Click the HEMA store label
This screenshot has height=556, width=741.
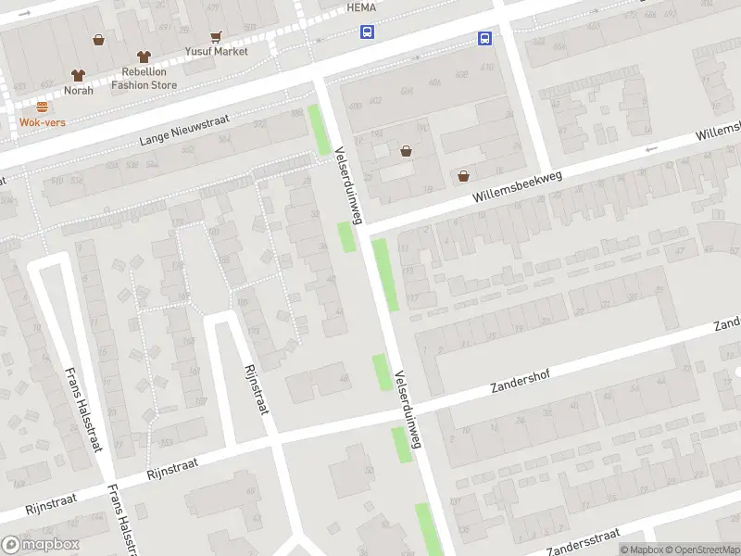(359, 6)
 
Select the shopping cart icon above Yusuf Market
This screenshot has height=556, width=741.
(216, 37)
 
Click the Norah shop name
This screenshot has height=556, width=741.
(79, 90)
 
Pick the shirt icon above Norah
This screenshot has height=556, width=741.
(78, 75)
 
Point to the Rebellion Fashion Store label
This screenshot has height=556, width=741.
(144, 78)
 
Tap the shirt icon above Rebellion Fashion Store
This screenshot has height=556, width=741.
(143, 57)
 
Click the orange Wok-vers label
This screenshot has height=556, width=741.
(43, 121)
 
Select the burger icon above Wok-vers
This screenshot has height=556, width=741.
(43, 107)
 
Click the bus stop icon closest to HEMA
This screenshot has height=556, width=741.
(368, 32)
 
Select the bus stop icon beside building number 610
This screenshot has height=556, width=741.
(484, 38)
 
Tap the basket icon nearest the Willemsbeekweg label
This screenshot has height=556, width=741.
(463, 176)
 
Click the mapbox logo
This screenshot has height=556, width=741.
(40, 545)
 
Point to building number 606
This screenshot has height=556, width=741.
(408, 91)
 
